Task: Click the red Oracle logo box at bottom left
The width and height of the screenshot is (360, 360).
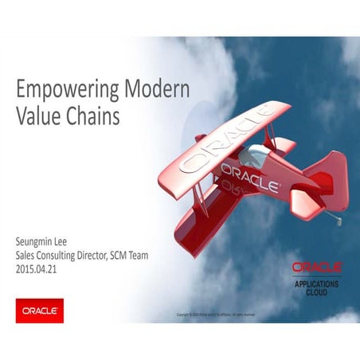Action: click(x=40, y=309)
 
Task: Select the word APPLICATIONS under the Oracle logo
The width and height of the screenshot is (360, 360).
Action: click(x=316, y=284)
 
